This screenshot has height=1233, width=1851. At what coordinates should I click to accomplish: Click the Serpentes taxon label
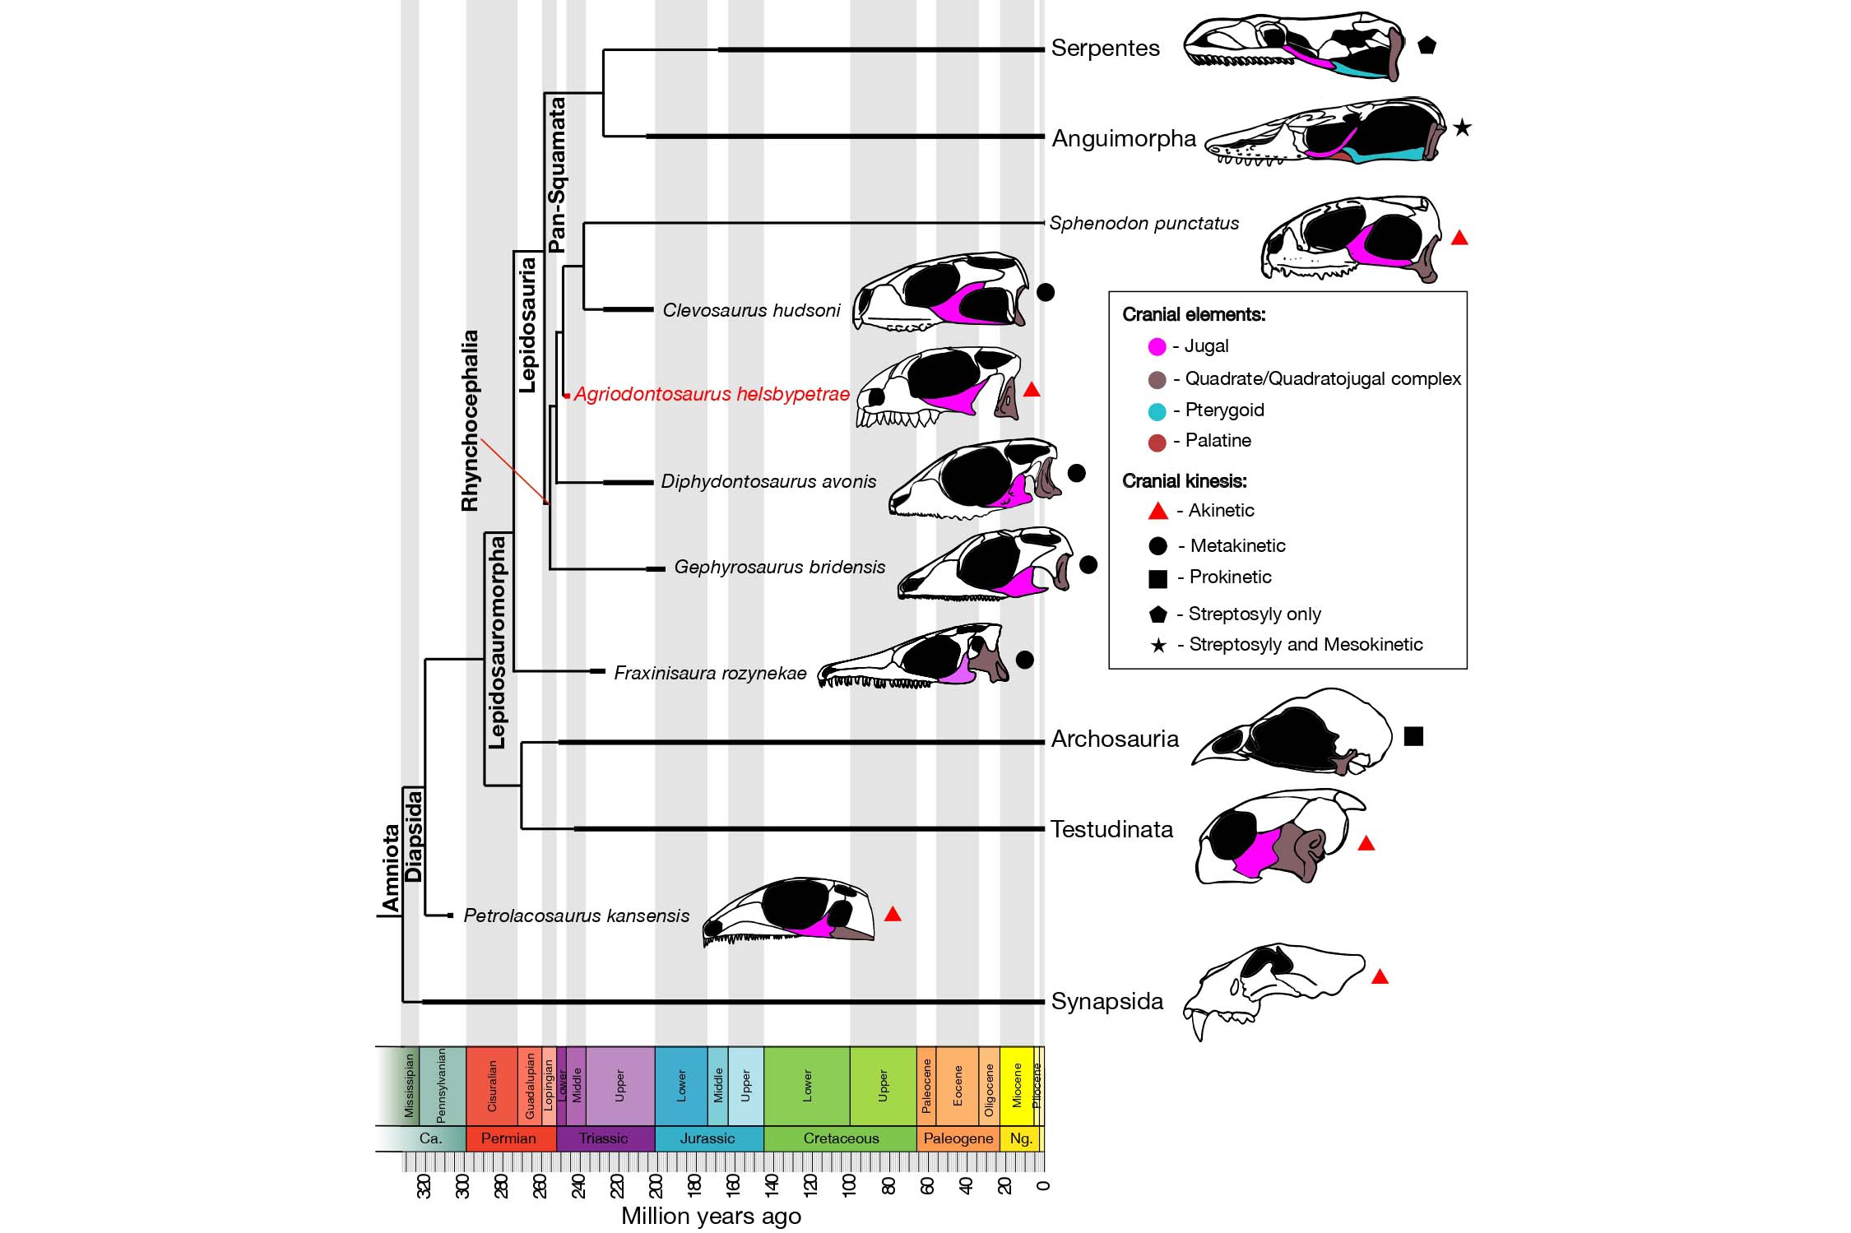[1105, 49]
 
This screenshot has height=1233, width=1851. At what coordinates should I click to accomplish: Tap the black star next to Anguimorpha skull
[1461, 127]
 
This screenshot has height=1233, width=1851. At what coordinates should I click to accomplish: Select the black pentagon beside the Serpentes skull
[1427, 46]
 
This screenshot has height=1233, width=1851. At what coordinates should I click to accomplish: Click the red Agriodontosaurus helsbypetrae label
[711, 395]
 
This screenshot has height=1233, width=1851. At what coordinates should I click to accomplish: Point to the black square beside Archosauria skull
[1413, 736]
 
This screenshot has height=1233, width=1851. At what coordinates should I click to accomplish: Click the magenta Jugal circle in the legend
[1157, 347]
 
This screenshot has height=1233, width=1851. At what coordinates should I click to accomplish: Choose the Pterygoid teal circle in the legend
[1157, 411]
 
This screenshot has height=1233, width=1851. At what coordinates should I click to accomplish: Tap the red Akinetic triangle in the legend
[1157, 512]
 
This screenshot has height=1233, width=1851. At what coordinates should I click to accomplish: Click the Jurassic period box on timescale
[708, 1138]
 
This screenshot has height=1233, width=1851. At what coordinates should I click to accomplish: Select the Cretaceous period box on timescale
[840, 1138]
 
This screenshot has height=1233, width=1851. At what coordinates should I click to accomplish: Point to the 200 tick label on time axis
[656, 1185]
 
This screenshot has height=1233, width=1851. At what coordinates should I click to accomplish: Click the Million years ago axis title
[711, 1216]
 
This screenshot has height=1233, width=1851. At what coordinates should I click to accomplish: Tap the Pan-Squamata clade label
[557, 174]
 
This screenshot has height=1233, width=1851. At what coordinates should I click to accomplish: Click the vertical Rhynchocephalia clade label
[470, 420]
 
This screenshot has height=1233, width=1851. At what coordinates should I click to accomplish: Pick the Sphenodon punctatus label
[1144, 224]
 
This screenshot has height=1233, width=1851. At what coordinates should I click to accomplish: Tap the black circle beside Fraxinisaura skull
[1024, 660]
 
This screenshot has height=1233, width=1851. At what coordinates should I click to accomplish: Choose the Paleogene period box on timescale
[958, 1138]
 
